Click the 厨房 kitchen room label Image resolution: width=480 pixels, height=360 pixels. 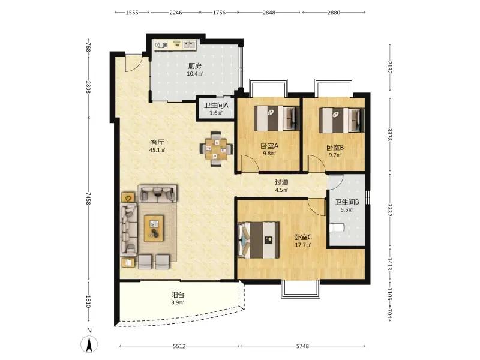[194, 66]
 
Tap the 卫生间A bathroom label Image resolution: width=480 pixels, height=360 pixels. [216, 106]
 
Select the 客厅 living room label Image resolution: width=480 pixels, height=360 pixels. [157, 142]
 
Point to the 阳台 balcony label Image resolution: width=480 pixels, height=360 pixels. [178, 295]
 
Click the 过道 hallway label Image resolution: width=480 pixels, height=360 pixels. [281, 183]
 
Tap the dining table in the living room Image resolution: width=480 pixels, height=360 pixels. [217, 149]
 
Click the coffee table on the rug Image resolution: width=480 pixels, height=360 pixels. [154, 228]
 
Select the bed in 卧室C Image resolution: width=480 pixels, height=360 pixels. [259, 240]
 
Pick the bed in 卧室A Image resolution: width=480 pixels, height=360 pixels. [277, 118]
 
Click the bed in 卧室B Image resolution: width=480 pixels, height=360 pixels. [342, 120]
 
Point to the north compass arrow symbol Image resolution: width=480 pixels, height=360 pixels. [89, 343]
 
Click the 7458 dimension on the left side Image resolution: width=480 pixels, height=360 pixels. [88, 199]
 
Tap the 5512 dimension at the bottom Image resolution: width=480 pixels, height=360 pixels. [179, 346]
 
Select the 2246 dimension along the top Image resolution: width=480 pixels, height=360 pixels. [176, 13]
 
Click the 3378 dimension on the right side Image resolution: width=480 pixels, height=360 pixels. [389, 134]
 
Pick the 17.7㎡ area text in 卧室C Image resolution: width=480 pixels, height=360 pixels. [303, 245]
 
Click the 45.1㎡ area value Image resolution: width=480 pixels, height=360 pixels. [157, 150]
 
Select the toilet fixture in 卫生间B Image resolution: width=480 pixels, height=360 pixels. [337, 228]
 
